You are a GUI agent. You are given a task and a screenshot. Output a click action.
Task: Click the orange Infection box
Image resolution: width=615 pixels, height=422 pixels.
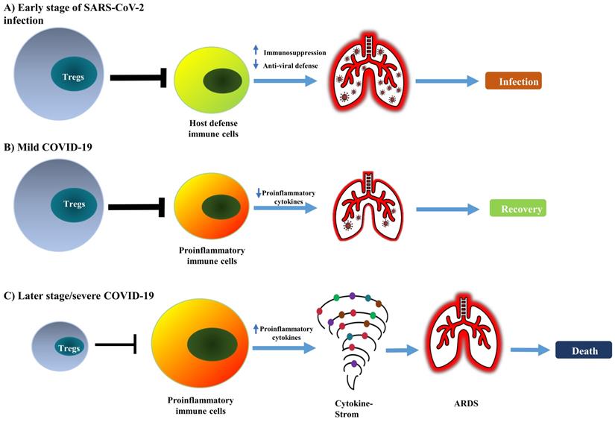tap(513, 81)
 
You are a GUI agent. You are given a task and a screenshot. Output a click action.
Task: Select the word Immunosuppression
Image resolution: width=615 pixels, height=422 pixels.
tap(297, 52)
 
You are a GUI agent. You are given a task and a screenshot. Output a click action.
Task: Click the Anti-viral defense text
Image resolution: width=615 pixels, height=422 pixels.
tap(297, 66)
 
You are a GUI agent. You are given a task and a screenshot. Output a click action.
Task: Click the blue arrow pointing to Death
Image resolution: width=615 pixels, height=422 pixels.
tap(528, 350)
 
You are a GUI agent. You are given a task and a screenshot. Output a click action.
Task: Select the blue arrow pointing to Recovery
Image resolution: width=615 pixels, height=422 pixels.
tap(447, 210)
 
